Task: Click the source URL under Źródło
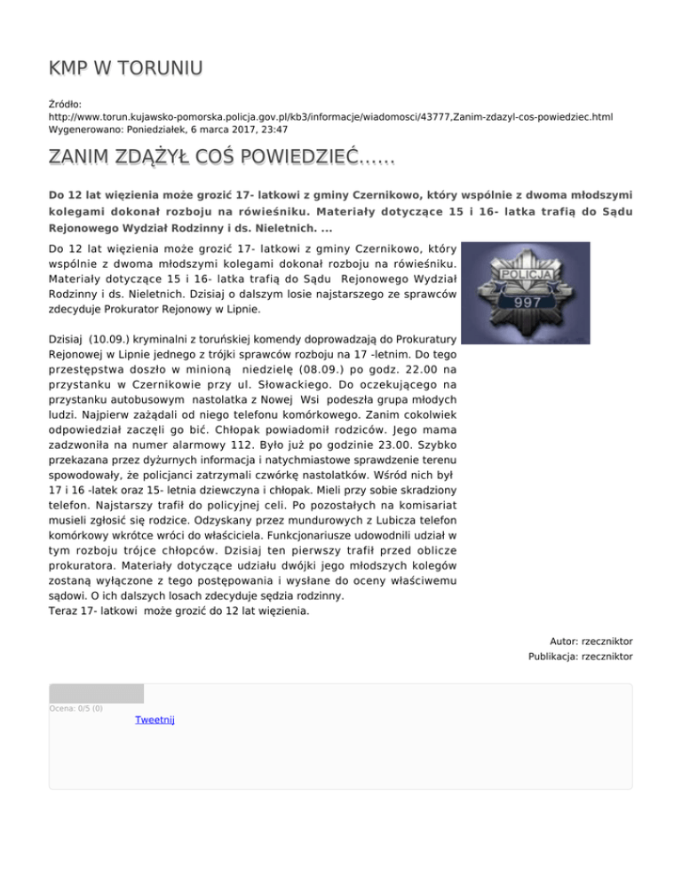point(330,116)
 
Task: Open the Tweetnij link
point(155,720)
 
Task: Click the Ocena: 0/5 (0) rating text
point(76,708)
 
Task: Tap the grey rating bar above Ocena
point(96,693)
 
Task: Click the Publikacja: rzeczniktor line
point(580,657)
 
